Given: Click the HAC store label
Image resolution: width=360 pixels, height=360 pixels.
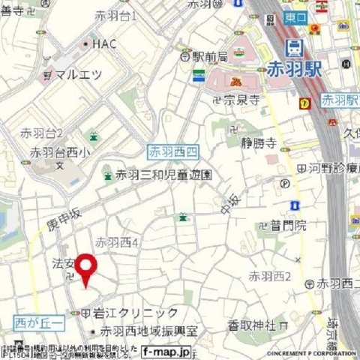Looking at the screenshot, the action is click(105, 44).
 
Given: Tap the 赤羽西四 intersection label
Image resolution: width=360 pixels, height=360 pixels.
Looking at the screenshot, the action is click(174, 152).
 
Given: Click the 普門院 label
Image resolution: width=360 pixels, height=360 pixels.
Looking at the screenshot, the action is click(289, 224).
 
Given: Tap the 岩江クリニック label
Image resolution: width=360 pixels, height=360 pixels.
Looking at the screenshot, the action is click(135, 313).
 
